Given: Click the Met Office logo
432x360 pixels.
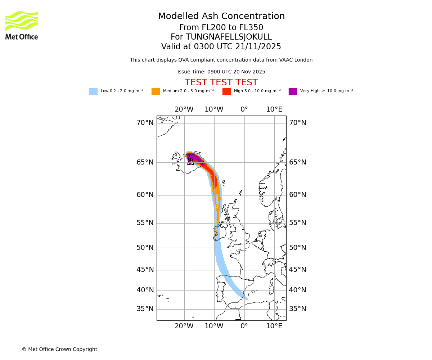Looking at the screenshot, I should tap(22, 25).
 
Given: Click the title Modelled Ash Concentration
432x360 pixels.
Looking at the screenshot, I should tap(221, 17).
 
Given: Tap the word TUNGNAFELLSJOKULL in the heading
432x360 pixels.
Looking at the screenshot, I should tap(229, 37).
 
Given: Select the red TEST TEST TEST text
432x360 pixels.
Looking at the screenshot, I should tap(221, 83).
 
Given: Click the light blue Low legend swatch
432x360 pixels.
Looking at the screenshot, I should tap(93, 91).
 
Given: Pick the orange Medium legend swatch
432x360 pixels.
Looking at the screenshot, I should tap(156, 91).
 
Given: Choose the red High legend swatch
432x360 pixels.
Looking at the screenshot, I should tap(226, 91).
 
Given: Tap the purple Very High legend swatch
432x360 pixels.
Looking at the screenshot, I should tap(293, 91).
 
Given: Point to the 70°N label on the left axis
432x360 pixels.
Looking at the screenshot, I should tap(145, 123).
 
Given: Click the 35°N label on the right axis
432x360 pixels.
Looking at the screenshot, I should tap(298, 309).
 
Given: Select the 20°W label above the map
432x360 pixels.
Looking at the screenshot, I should tap(184, 109).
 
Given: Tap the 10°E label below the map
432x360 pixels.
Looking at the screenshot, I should tap(274, 327).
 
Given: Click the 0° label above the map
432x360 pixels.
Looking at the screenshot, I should tap(244, 109).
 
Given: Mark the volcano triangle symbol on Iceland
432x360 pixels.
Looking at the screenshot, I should tap(190, 162).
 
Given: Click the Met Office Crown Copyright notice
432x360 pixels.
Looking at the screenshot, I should tap(59, 350).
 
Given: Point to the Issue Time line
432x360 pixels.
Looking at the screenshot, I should tap(221, 72).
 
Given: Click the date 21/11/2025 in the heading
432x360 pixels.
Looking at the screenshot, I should tap(258, 47).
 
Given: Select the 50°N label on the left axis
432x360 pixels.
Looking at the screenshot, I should tap(145, 248).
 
